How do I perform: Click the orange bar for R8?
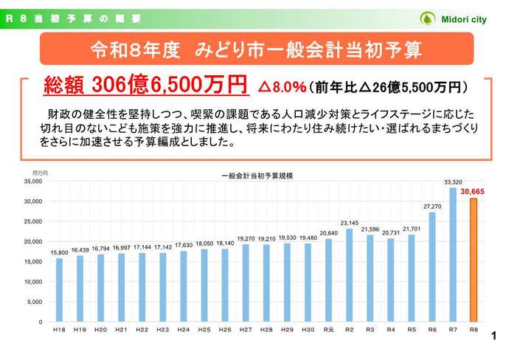474,260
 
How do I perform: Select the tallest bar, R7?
453,255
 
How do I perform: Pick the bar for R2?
349,275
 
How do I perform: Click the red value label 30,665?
474,191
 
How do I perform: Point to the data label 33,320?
453,181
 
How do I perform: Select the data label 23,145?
349,223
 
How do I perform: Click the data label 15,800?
59,253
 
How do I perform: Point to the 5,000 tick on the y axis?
34,302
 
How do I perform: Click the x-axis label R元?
328,329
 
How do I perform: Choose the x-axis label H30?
308,329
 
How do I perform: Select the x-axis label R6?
432,329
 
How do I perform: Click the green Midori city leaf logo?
427,18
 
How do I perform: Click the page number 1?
494,339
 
